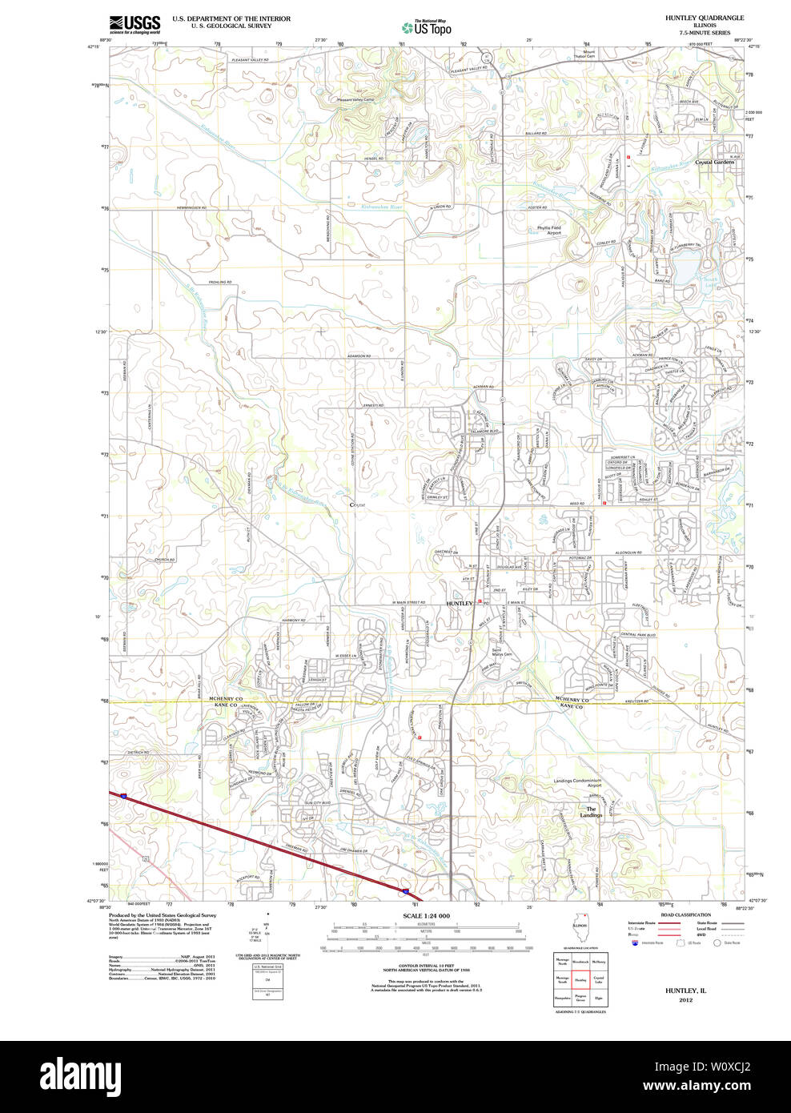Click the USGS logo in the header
[135, 23]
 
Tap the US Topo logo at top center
[427, 27]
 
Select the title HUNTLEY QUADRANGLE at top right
[704, 18]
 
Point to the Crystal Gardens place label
[714, 163]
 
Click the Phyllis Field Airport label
[548, 230]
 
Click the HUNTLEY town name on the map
[460, 603]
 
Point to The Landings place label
[591, 812]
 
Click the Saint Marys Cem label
[501, 652]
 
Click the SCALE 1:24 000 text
[426, 916]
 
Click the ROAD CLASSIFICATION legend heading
[685, 914]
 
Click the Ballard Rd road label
[536, 133]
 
